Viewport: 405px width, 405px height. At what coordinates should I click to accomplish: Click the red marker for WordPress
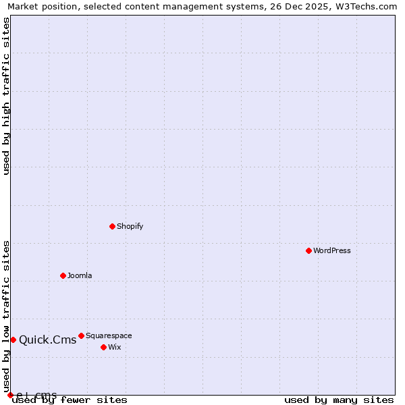point(308,250)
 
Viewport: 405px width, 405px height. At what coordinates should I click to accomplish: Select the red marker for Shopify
point(112,226)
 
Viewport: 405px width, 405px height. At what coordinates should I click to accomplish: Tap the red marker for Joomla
point(63,275)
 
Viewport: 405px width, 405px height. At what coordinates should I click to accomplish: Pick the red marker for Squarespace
point(81,335)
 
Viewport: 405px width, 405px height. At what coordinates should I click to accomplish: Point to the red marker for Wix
point(103,347)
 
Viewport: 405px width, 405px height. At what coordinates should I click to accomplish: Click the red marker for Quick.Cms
point(13,340)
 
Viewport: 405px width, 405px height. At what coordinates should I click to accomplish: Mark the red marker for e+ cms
point(10,395)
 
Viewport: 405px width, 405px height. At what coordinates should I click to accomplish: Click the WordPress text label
point(332,250)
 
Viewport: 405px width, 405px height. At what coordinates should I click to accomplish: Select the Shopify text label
point(130,226)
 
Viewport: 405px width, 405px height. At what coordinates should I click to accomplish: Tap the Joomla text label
point(80,275)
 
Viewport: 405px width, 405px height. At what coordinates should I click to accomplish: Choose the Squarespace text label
point(109,335)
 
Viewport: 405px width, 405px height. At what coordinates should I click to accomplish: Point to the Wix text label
point(115,347)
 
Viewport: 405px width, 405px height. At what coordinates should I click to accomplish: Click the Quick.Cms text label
point(48,340)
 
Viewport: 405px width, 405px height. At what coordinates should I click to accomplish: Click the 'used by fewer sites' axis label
point(70,400)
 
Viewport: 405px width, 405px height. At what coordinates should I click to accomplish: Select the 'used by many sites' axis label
point(339,400)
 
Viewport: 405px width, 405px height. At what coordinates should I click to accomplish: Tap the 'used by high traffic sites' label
point(6,96)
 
